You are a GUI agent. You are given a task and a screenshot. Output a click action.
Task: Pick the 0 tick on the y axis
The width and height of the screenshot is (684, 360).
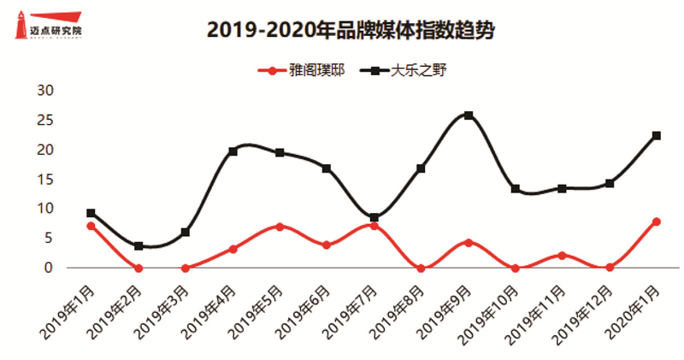(x=49, y=268)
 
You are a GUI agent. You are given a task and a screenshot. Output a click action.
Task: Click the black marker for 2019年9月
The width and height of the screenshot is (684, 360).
(x=469, y=115)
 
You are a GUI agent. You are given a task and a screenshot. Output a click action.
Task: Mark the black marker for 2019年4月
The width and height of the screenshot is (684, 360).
(x=233, y=151)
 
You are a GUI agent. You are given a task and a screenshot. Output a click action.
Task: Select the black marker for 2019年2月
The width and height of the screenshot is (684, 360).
(x=139, y=246)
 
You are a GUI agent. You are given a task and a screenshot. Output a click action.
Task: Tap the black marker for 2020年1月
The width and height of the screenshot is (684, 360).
(x=657, y=135)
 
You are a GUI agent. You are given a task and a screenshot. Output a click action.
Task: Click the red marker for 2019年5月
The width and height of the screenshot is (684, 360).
(x=280, y=227)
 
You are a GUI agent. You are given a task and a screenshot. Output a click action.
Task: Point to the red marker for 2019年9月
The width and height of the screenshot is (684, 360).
(x=469, y=243)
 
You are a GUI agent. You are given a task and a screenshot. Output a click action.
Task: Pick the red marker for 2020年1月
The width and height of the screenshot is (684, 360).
(x=657, y=221)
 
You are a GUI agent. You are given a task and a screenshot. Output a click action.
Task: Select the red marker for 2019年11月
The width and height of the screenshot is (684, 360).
(x=563, y=256)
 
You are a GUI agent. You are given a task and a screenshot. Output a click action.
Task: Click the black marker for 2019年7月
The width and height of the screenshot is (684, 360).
(x=374, y=218)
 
